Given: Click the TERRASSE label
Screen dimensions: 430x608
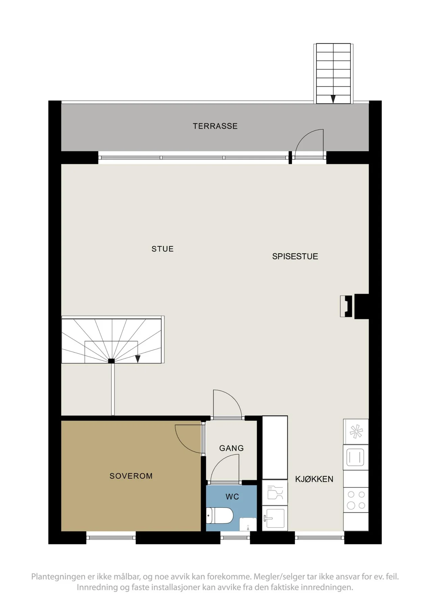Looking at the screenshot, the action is pos(215,126).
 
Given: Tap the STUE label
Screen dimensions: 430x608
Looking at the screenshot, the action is pos(162,249).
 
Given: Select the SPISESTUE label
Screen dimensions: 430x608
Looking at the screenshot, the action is pos(295,256).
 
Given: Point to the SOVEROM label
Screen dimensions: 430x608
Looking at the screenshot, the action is pos(131,476).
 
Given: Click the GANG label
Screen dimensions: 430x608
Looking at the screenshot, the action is pos(231,448).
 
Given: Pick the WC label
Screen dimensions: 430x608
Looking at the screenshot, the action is pos(232,497).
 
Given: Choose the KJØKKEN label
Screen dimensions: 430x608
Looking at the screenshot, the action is pos(314,479).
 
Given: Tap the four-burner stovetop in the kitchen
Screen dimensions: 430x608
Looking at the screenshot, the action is pos(356,500).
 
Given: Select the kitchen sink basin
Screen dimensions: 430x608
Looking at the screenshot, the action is pos(275,518).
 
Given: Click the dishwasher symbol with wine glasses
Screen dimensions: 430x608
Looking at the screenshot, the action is pos(275,492).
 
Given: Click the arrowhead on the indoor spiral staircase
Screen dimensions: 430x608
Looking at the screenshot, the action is pos(137,359).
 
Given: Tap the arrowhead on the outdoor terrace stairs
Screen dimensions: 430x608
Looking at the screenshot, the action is pos(333,99).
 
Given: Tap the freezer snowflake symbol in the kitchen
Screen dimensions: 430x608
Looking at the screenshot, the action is pos(356,432).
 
